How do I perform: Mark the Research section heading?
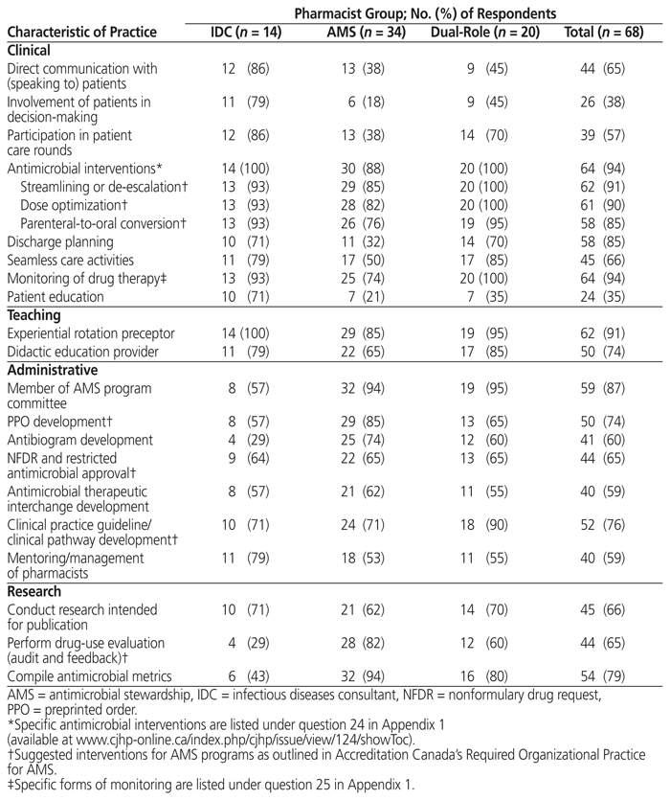35,592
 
